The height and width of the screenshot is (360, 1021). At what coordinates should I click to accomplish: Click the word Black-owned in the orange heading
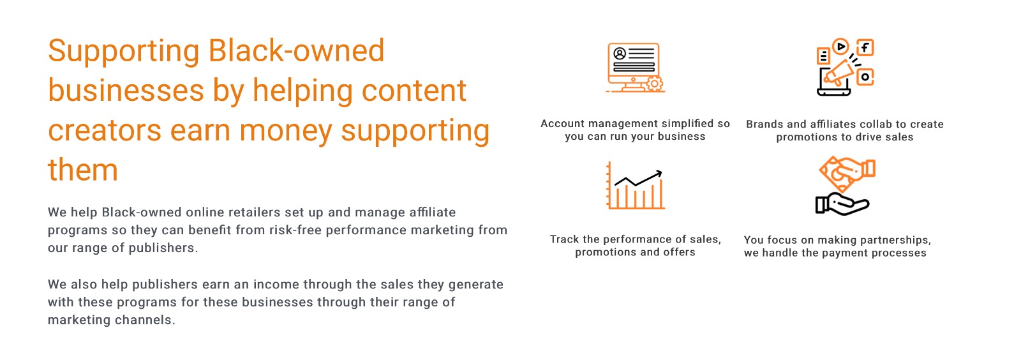(x=297, y=50)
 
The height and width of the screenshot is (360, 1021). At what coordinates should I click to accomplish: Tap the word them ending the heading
(x=83, y=170)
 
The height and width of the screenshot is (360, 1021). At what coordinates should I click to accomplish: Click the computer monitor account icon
(x=635, y=68)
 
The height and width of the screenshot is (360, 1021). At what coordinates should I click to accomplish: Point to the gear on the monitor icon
(x=655, y=84)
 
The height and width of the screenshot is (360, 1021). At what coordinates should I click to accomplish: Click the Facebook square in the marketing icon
(x=865, y=47)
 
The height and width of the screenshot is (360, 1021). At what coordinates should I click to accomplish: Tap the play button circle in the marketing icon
(x=840, y=46)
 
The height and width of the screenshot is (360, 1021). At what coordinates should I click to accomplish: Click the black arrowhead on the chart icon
(x=658, y=173)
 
